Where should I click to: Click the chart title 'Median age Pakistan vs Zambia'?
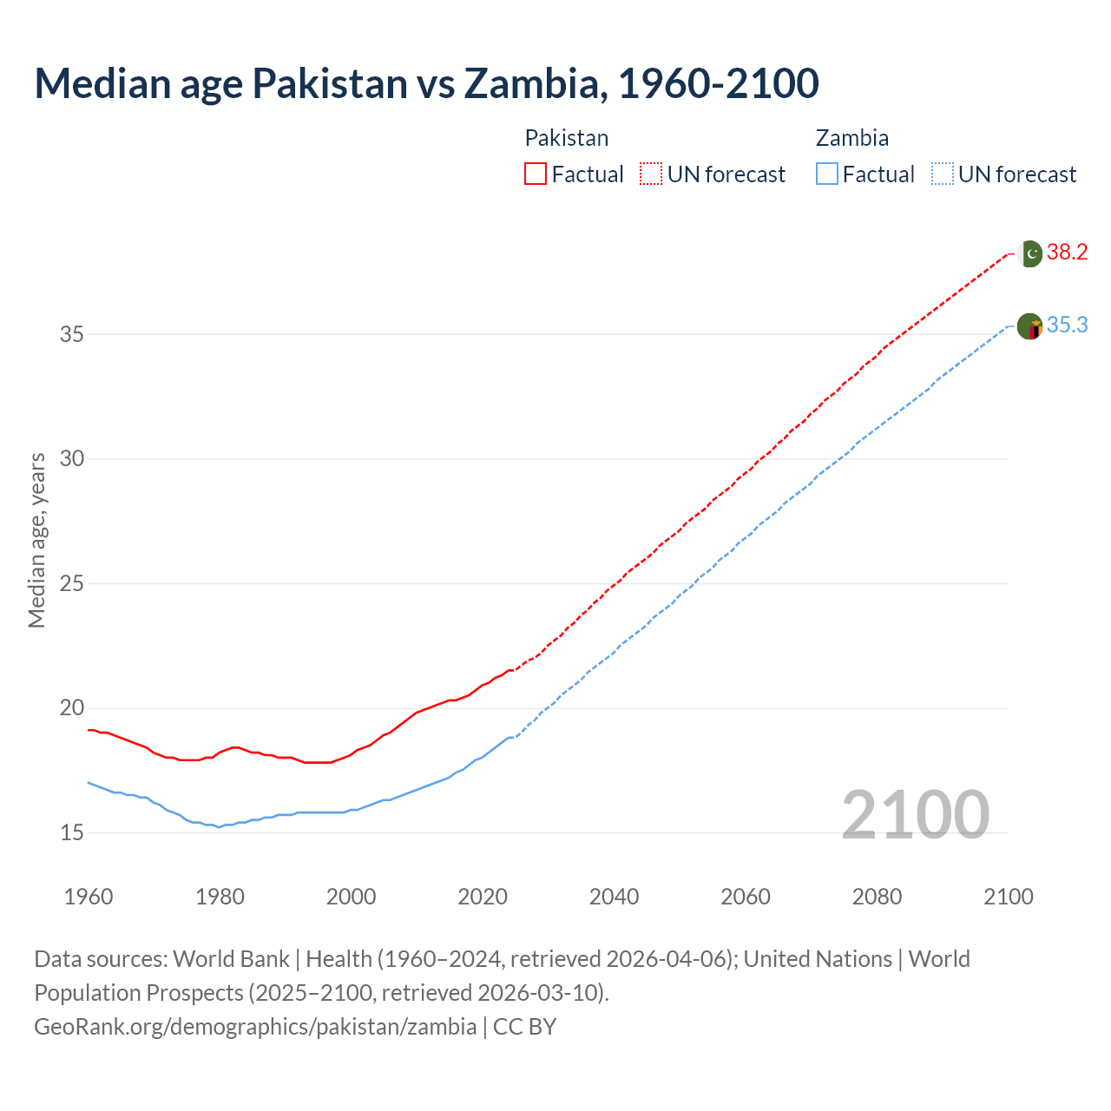(426, 83)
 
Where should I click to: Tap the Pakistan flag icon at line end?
(1030, 253)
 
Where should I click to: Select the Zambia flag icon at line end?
(1029, 326)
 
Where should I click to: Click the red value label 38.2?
(1067, 253)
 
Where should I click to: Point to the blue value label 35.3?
(1067, 325)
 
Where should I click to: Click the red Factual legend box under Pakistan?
(536, 174)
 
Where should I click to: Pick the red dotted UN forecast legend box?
(651, 174)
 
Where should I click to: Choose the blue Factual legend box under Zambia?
(827, 174)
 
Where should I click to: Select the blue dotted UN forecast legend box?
(943, 174)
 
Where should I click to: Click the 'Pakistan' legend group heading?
(567, 138)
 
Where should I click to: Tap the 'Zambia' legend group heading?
(851, 138)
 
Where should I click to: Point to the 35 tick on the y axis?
(72, 334)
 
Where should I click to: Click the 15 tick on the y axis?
(72, 833)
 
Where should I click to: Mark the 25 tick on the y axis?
(72, 583)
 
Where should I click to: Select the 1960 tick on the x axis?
(89, 897)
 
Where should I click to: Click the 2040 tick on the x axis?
(614, 897)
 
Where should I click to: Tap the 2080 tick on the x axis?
(877, 897)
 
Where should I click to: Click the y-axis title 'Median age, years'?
(36, 540)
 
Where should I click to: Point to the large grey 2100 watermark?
(915, 815)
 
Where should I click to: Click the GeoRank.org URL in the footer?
(255, 1027)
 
